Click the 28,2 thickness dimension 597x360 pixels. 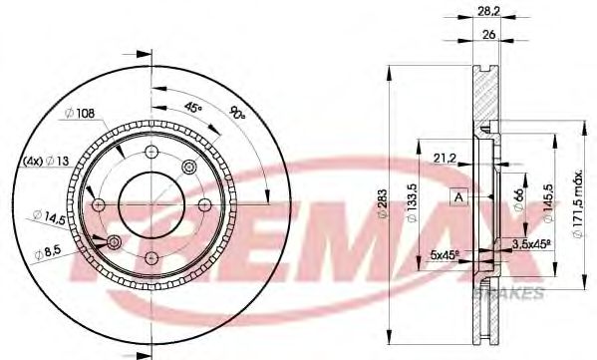pos(487,13)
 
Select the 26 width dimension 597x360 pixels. pos(487,34)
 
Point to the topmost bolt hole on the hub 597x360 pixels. pos(151,152)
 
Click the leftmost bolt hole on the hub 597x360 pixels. pos(99,203)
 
